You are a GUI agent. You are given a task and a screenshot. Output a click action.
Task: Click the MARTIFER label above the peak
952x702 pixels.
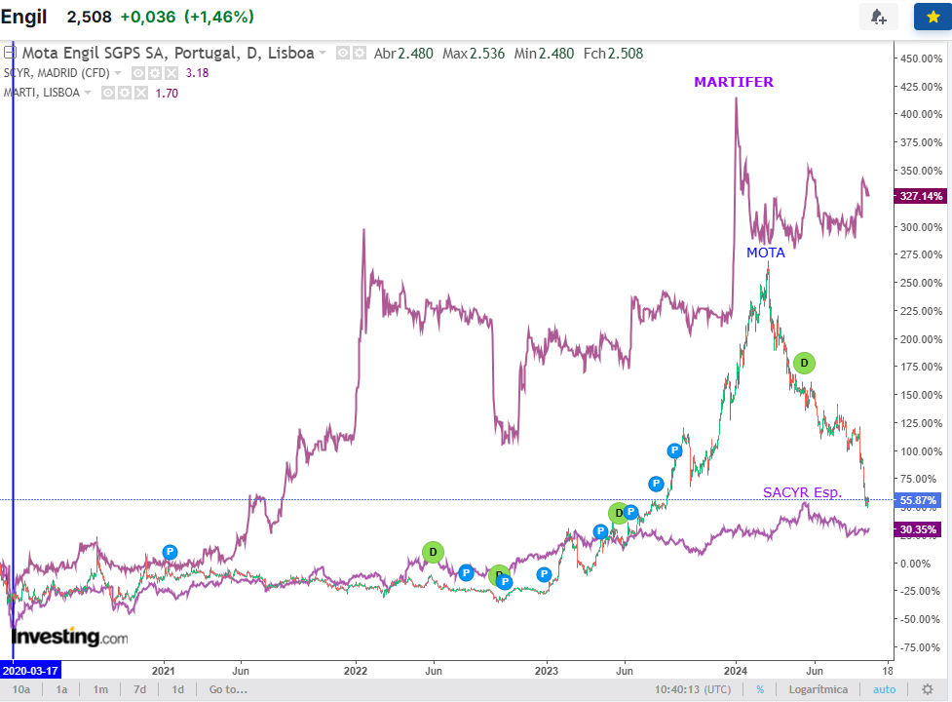pyautogui.click(x=733, y=82)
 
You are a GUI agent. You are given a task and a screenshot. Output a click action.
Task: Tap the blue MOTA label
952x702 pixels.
pyautogui.click(x=765, y=253)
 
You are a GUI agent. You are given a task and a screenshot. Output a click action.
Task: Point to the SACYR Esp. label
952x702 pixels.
pyautogui.click(x=802, y=492)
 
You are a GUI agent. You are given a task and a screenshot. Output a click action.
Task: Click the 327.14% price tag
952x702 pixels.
pyautogui.click(x=921, y=196)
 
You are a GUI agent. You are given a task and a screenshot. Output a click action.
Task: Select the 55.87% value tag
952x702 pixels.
pyautogui.click(x=920, y=500)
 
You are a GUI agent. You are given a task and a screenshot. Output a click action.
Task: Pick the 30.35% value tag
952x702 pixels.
pyautogui.click(x=920, y=529)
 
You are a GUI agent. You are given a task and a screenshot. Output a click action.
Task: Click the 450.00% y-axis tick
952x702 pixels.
pyautogui.click(x=920, y=58)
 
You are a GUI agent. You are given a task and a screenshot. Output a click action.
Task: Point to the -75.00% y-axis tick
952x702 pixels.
pyautogui.click(x=920, y=647)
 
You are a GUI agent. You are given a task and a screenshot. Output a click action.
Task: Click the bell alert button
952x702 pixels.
pyautogui.click(x=878, y=17)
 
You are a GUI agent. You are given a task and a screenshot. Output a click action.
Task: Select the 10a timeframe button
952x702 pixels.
pyautogui.click(x=21, y=689)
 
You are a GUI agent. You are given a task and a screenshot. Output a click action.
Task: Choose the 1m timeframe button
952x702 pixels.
pyautogui.click(x=100, y=689)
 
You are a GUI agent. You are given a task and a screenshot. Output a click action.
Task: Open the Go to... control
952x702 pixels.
pyautogui.click(x=228, y=689)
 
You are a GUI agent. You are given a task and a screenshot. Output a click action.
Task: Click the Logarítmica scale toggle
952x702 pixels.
pyautogui.click(x=819, y=689)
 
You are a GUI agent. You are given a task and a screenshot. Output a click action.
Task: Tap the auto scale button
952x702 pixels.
pyautogui.click(x=884, y=689)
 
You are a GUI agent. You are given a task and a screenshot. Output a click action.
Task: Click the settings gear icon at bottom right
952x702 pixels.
pyautogui.click(x=928, y=689)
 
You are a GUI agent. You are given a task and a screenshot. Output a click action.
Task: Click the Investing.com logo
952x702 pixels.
pyautogui.click(x=69, y=638)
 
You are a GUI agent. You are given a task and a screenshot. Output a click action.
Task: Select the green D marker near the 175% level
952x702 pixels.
pyautogui.click(x=804, y=363)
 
